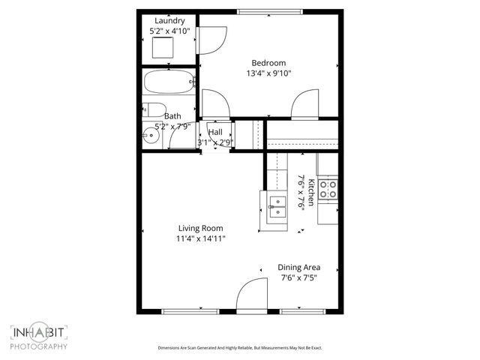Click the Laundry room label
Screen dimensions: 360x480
170,20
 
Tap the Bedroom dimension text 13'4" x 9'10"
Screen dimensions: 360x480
268,73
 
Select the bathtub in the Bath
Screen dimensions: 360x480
169,82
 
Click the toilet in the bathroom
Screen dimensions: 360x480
153,109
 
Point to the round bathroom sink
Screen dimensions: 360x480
151,136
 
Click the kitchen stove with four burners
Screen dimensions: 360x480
328,189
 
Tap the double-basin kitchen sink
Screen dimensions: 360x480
277,205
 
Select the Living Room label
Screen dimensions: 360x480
200,228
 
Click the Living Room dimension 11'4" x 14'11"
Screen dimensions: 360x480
200,238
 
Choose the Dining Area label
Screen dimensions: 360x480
299,267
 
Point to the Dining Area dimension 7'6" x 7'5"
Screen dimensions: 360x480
299,277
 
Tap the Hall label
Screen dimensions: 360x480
215,132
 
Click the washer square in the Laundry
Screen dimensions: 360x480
163,48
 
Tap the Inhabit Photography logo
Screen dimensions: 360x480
39,337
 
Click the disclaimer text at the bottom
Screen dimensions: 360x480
239,348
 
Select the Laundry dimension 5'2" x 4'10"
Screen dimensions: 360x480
170,31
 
